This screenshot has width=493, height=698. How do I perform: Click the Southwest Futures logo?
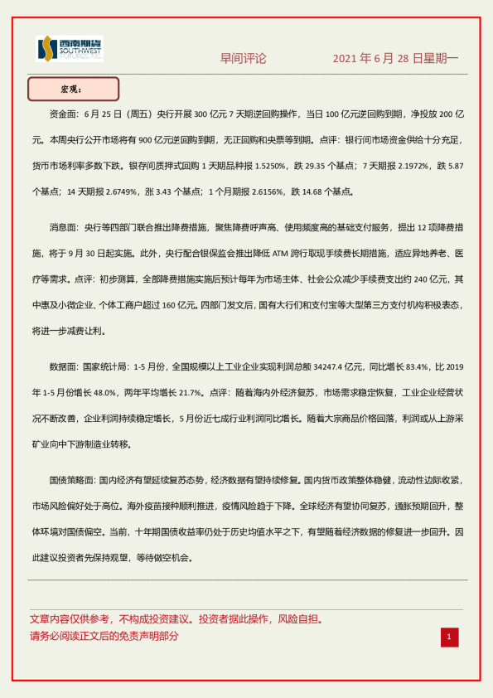point(70,50)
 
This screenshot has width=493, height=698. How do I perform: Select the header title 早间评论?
point(244,59)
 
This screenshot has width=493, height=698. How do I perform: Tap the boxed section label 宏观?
point(73,89)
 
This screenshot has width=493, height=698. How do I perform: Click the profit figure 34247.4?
point(321,366)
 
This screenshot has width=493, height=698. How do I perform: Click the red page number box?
point(448,637)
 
